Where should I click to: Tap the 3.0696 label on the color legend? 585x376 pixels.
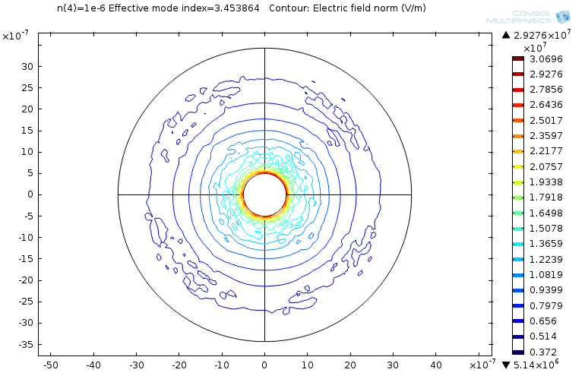545,59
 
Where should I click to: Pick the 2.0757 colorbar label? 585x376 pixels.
545,166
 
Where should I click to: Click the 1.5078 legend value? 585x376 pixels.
545,228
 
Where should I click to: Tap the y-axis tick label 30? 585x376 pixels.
26,66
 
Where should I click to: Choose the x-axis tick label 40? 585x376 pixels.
437,365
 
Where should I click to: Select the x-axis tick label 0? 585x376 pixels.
264,365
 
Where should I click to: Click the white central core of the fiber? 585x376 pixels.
264,194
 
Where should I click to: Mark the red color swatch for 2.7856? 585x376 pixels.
518,90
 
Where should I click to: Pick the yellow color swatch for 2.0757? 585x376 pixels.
518,166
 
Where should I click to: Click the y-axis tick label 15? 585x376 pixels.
26,130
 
